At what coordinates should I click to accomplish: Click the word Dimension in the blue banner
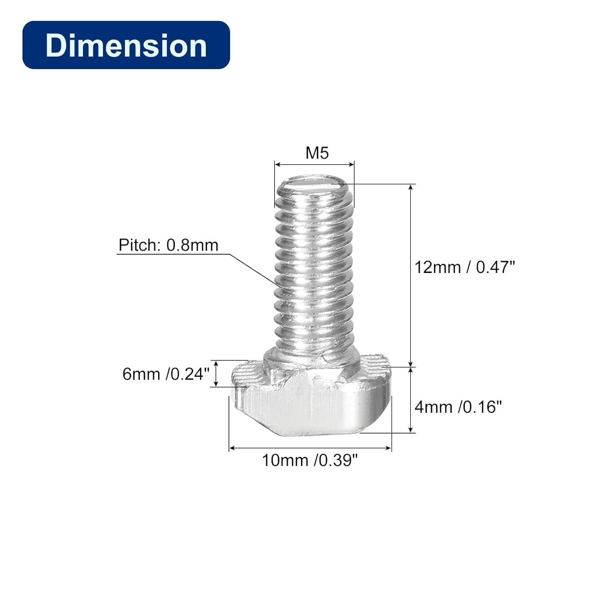click(x=126, y=45)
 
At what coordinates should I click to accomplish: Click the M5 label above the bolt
click(x=317, y=153)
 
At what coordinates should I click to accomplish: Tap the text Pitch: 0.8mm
click(x=168, y=245)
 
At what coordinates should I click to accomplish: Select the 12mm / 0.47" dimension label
click(x=465, y=267)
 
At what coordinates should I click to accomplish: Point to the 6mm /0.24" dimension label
click(x=166, y=374)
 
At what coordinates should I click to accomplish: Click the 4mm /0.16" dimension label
click(x=458, y=407)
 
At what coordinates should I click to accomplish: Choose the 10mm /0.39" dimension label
click(x=310, y=461)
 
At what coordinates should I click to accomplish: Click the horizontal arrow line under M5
click(x=314, y=164)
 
